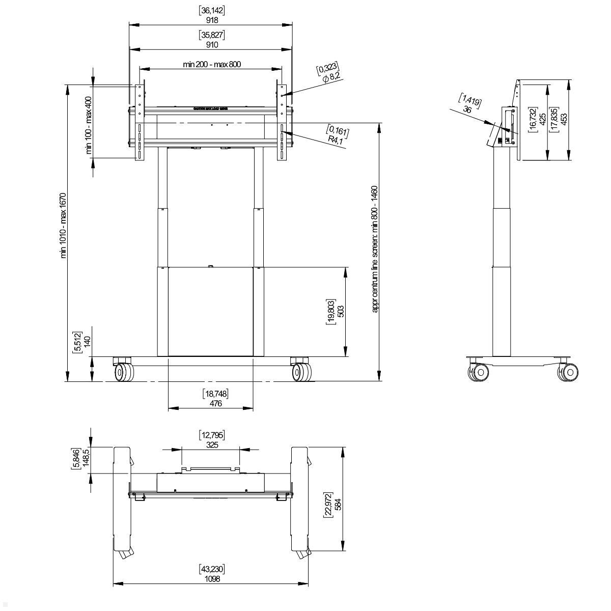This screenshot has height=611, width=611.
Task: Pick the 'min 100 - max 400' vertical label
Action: point(89,125)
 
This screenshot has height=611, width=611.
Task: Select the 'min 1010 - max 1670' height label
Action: point(64,225)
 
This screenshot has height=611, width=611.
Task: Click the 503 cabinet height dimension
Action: point(341,311)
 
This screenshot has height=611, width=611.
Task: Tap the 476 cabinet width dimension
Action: point(215,403)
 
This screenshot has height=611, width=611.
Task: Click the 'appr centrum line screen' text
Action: point(375,249)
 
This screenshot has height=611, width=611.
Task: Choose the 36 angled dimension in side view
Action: point(467,109)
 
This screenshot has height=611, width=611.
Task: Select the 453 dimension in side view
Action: point(564,119)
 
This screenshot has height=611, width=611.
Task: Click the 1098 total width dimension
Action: point(212,579)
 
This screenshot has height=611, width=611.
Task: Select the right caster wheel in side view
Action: point(569,372)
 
